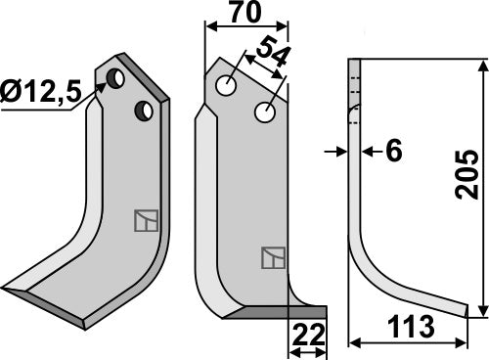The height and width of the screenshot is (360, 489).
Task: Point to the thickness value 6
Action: point(394,151)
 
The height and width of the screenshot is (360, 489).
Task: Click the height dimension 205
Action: point(469,174)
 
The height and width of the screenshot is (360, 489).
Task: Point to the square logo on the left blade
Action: point(145,220)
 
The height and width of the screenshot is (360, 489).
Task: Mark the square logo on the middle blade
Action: point(273,258)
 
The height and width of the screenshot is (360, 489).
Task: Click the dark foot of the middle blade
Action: point(279,312)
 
